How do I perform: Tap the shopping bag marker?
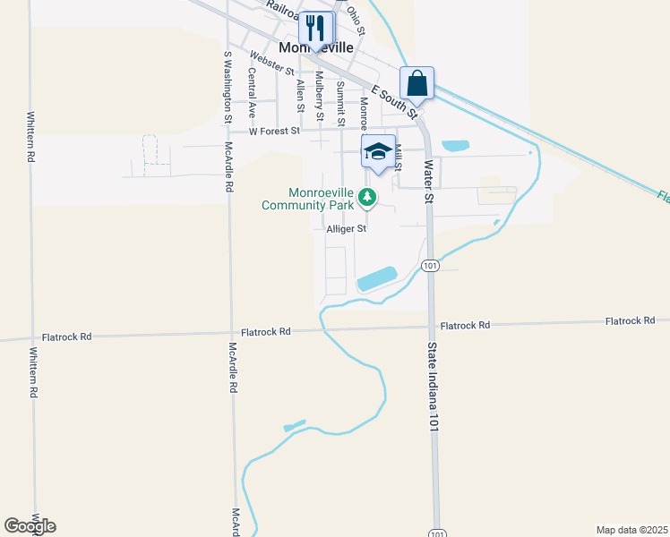417,83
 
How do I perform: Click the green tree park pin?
365,197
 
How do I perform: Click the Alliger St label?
347,229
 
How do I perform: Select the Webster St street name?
272,63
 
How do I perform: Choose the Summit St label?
340,101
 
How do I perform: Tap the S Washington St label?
228,86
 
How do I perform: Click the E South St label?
396,98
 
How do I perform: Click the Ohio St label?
356,20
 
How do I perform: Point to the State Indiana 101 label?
433,388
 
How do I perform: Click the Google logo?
30,526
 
